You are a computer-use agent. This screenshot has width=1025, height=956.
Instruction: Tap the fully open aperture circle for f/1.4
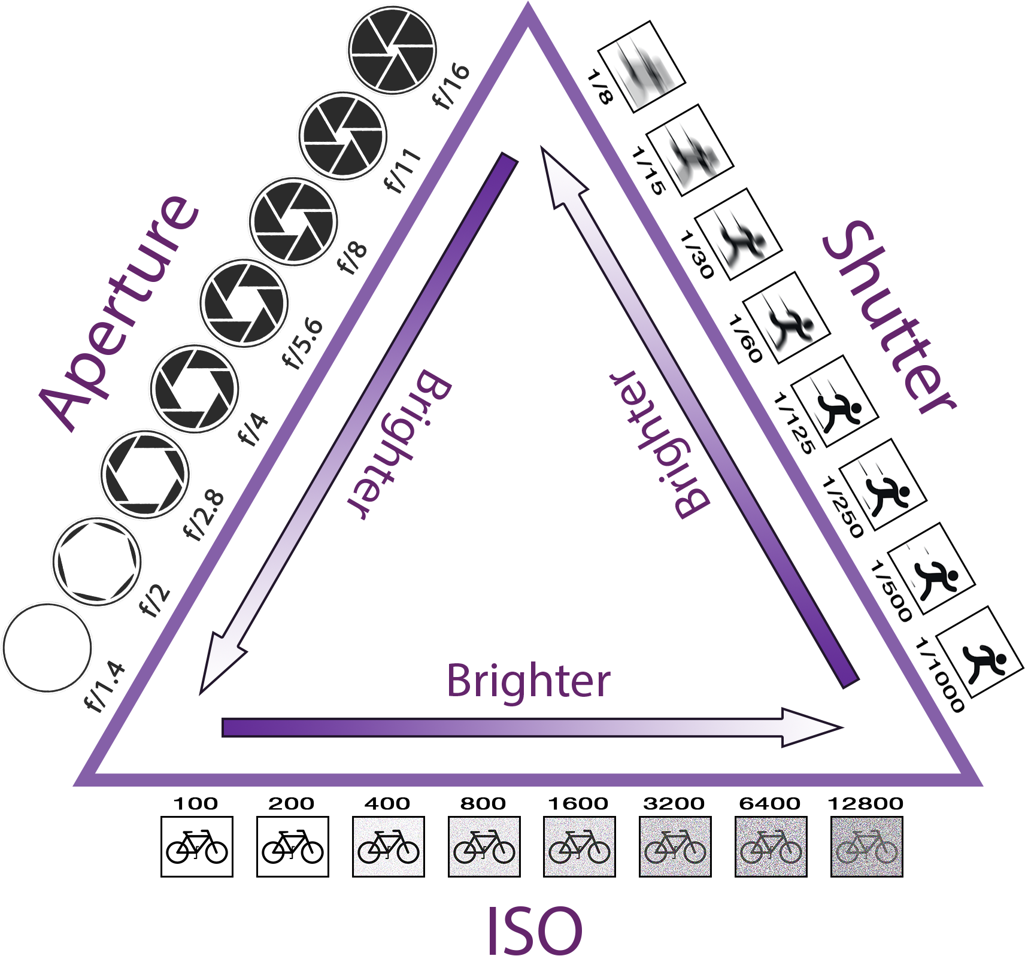click(47, 648)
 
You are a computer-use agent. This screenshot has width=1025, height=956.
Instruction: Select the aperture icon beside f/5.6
click(244, 304)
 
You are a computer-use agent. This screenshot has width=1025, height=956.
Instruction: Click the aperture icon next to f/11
click(343, 136)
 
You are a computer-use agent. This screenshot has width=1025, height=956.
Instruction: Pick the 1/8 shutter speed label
click(600, 87)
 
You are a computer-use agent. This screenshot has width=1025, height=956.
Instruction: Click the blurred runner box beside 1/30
click(738, 233)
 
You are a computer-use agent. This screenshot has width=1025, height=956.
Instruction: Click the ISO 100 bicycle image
click(197, 846)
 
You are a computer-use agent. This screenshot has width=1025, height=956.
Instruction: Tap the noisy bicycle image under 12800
click(867, 846)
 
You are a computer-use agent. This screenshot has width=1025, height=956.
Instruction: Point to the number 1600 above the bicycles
click(578, 803)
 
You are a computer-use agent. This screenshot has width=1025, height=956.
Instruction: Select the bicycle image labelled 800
click(484, 846)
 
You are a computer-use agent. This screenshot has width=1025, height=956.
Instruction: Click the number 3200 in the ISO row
click(674, 803)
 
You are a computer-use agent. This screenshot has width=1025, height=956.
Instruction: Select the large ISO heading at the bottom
click(534, 930)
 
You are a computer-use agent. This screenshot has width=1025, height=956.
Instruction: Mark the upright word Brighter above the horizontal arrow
click(529, 681)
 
